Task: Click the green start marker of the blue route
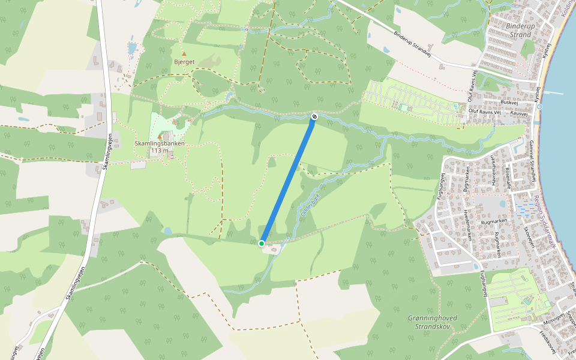click(262, 243)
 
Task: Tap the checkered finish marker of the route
click(314, 116)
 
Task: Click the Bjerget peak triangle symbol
click(184, 54)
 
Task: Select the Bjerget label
click(184, 62)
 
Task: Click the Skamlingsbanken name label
click(160, 144)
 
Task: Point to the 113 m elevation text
click(160, 151)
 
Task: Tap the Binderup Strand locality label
click(519, 31)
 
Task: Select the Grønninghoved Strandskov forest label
click(432, 322)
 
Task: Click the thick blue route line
click(288, 180)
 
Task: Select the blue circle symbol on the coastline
click(539, 107)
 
